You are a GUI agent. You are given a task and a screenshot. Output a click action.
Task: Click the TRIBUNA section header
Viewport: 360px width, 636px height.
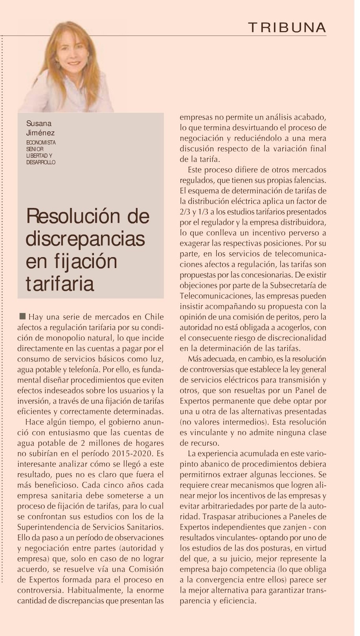tap(287, 28)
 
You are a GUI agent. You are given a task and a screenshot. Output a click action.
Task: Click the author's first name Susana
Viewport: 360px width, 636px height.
tap(39, 124)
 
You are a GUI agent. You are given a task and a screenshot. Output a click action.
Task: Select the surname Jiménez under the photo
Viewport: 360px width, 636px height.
tap(40, 133)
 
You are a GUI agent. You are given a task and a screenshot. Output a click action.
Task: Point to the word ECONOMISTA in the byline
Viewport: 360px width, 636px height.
tap(41, 143)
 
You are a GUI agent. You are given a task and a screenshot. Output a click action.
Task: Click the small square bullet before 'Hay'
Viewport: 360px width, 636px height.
tap(22, 316)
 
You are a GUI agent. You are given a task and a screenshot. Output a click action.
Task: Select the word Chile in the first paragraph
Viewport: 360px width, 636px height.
tap(154, 317)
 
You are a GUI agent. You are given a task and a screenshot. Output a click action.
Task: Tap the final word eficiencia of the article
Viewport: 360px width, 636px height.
tap(235, 601)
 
